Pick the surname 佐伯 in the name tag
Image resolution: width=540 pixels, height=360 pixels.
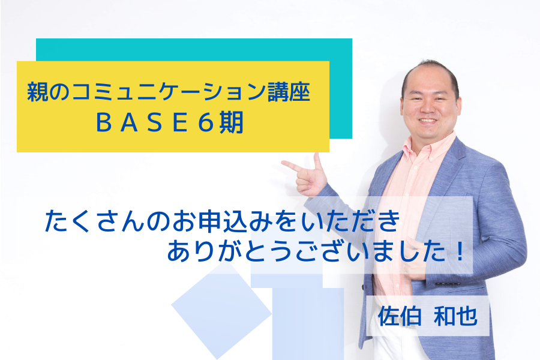[400, 316]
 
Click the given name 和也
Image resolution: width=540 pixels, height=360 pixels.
[455, 316]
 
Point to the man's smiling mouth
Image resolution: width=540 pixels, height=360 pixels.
[428, 121]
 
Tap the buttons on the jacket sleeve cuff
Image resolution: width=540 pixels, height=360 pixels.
[448, 284]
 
